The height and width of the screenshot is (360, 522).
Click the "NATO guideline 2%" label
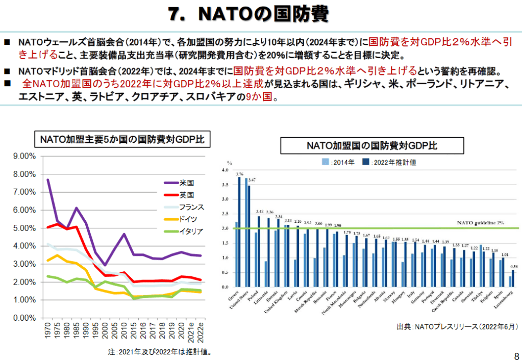(480, 223)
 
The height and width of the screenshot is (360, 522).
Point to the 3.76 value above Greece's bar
(239, 174)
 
